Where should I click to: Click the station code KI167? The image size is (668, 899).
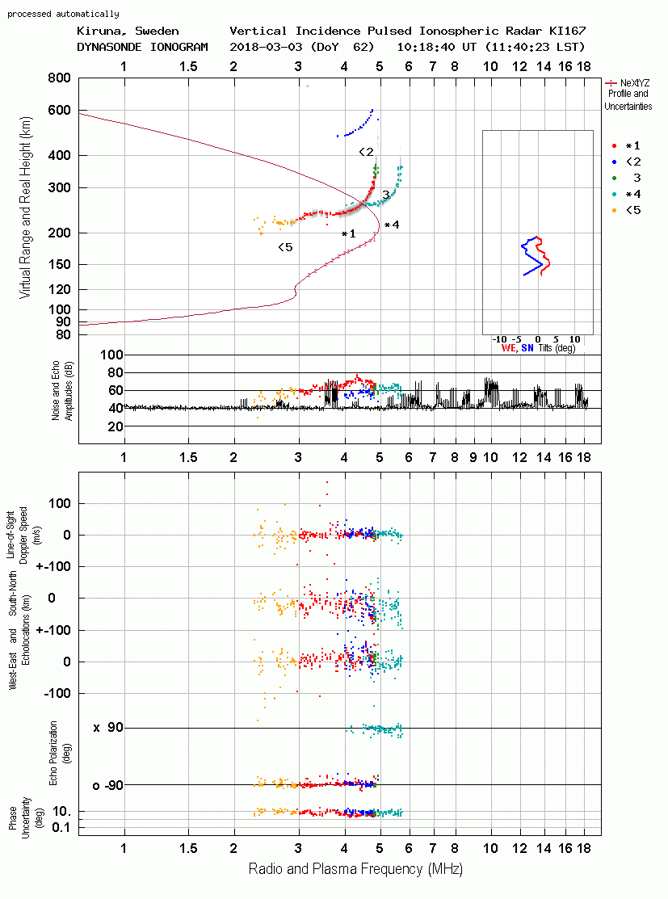click(568, 31)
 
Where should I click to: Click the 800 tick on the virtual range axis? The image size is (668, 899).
click(59, 78)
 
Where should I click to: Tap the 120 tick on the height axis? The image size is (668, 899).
click(59, 289)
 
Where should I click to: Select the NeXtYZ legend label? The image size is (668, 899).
click(635, 83)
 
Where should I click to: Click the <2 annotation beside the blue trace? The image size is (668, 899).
click(366, 152)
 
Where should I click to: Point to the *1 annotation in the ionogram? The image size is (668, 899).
click(349, 234)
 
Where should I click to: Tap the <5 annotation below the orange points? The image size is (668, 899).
click(285, 247)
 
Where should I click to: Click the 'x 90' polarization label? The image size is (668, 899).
click(108, 728)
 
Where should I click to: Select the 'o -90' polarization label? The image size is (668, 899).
click(107, 785)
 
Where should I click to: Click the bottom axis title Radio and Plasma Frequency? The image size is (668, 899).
click(355, 869)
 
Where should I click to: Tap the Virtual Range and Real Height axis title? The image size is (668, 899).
click(25, 208)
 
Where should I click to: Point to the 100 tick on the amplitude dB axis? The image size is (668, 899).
click(111, 355)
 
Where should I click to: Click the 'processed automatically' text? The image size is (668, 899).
click(63, 14)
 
